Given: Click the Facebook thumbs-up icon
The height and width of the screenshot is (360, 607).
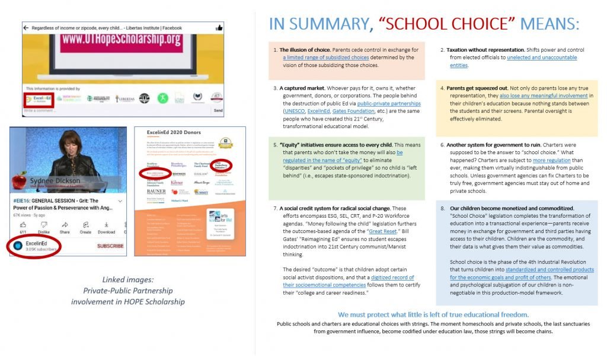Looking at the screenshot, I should click(x=219, y=27).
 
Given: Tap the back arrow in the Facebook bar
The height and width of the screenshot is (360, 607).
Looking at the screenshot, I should click(x=26, y=28).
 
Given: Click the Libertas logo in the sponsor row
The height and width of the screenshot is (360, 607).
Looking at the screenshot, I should click(x=125, y=98).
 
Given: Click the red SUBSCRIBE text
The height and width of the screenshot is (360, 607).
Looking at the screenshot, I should click(x=110, y=246).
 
